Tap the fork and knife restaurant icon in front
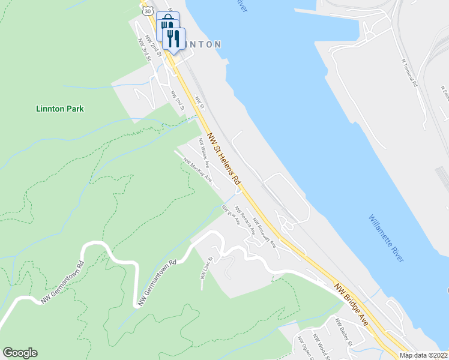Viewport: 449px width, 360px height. pos(174,39)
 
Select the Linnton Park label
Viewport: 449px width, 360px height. pos(59,109)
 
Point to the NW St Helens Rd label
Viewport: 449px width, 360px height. pos(224,158)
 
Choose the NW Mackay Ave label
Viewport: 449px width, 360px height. pos(198,170)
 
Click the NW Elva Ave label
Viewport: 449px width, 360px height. pos(231,215)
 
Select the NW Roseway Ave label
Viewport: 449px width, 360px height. pos(264,232)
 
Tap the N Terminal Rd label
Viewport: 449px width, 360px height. pos(410,73)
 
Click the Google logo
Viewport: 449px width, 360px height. pos(20,353)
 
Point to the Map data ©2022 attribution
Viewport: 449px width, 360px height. pos(424,355)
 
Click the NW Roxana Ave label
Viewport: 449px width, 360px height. pos(245,220)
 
